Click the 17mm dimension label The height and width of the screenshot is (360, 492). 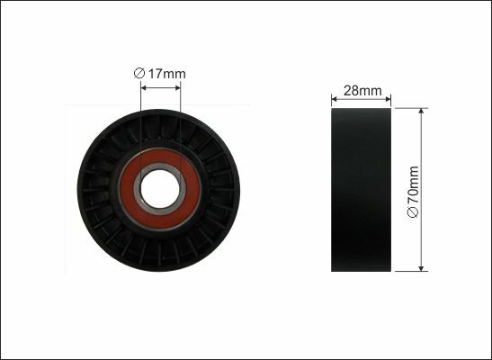pos(166,74)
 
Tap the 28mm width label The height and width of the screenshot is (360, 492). pos(362,91)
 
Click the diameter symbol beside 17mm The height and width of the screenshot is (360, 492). pos(139,74)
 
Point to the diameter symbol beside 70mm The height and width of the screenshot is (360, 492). pos(413,212)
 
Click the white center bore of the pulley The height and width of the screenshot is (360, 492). pos(160,189)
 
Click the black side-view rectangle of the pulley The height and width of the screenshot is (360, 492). pos(361,190)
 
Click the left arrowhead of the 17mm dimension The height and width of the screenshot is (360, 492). pos(143,88)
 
